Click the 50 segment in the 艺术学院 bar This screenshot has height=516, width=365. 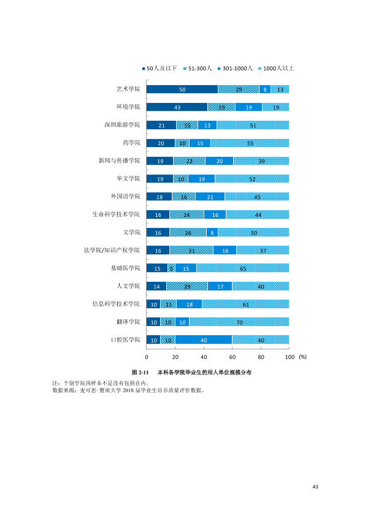coord(182,89)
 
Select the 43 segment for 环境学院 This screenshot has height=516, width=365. coord(177,107)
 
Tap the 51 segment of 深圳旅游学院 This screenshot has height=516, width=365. coord(253,125)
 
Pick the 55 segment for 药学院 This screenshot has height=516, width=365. coord(250,143)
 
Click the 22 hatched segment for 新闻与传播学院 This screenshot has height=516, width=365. coord(190,161)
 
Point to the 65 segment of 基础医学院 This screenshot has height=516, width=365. coord(243,268)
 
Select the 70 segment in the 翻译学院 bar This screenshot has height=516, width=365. coord(239,322)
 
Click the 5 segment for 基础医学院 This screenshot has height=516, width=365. coord(171,268)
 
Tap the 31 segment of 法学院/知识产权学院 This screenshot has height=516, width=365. coord(191,251)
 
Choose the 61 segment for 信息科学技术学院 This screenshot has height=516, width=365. coord(245,304)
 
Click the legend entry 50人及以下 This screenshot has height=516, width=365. coord(159,69)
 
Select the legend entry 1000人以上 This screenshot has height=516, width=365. coord(276,69)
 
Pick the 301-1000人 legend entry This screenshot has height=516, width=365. coord(235,69)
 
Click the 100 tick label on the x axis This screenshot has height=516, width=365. coord(290,357)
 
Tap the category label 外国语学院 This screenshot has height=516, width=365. coord(126,197)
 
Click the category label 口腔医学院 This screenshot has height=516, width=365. coord(126,340)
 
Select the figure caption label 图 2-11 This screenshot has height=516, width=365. coord(140,373)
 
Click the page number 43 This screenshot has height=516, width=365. coord(315,487)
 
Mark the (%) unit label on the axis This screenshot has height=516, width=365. coord(303,357)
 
